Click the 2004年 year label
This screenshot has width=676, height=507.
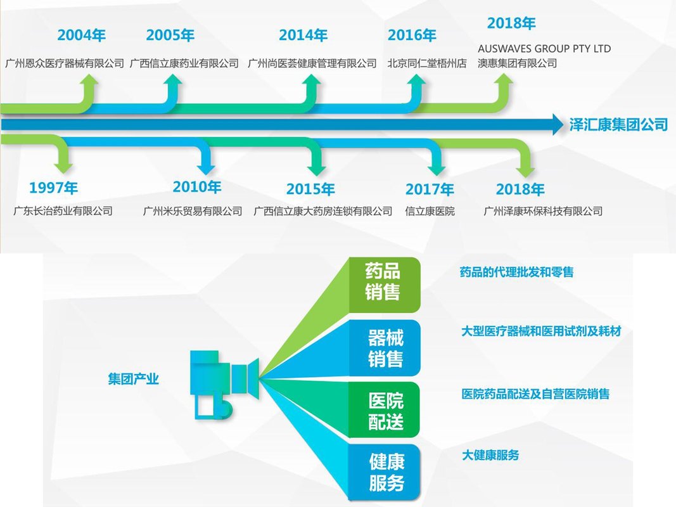82,35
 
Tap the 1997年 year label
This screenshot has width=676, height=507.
53,188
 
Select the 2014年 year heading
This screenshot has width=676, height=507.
303,35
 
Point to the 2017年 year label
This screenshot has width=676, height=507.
430,189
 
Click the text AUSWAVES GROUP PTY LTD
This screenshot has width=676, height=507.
544,48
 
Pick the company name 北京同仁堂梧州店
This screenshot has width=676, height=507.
427,63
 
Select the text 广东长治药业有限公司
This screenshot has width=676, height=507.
63,211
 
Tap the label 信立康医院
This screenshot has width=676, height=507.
430,211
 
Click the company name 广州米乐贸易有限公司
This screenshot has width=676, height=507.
192,211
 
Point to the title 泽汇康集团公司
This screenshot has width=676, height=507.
618,125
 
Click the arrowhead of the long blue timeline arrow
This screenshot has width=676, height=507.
558,125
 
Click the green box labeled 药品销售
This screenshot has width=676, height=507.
384,285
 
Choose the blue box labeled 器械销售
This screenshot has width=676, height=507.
385,348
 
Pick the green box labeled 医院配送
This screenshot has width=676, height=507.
385,410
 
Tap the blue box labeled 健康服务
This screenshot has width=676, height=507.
385,473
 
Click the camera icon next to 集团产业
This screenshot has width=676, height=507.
224,385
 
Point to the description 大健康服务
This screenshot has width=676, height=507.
490,455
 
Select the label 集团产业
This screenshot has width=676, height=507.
133,379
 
